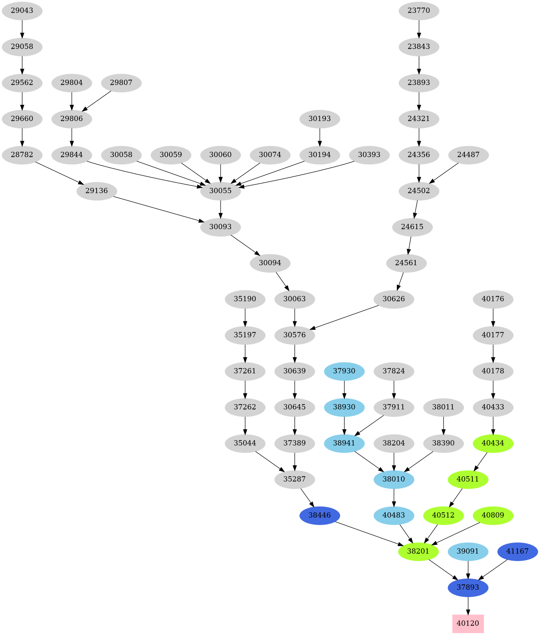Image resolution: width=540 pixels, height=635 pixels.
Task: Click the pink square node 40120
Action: [x=468, y=623]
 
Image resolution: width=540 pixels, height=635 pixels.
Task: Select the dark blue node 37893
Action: [x=468, y=587]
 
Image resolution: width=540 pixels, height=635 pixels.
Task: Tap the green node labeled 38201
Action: [x=418, y=551]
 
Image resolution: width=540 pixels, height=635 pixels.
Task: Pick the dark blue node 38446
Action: [x=319, y=515]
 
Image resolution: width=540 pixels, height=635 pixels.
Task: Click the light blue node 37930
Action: [x=344, y=371]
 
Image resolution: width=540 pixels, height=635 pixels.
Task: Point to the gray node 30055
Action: [x=220, y=191]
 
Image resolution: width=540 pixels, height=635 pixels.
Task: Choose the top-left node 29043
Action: [x=22, y=11]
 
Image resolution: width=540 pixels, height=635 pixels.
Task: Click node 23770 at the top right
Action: [x=419, y=11]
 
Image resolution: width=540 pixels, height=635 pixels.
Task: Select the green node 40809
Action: [x=493, y=515]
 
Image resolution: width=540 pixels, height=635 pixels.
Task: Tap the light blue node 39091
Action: [x=468, y=551]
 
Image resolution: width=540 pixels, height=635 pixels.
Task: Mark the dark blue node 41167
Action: [x=517, y=551]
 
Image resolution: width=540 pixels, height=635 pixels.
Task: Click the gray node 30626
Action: [x=394, y=299]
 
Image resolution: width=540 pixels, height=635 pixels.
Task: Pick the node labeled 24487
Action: [x=468, y=155]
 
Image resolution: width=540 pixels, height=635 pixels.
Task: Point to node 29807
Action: [x=121, y=83]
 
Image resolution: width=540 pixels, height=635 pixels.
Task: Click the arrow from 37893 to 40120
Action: [x=468, y=605]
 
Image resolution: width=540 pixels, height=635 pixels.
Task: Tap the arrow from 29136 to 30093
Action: [x=158, y=209]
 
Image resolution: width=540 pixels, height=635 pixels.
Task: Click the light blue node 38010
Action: [x=394, y=479]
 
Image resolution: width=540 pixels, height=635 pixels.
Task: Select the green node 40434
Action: [x=493, y=443]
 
